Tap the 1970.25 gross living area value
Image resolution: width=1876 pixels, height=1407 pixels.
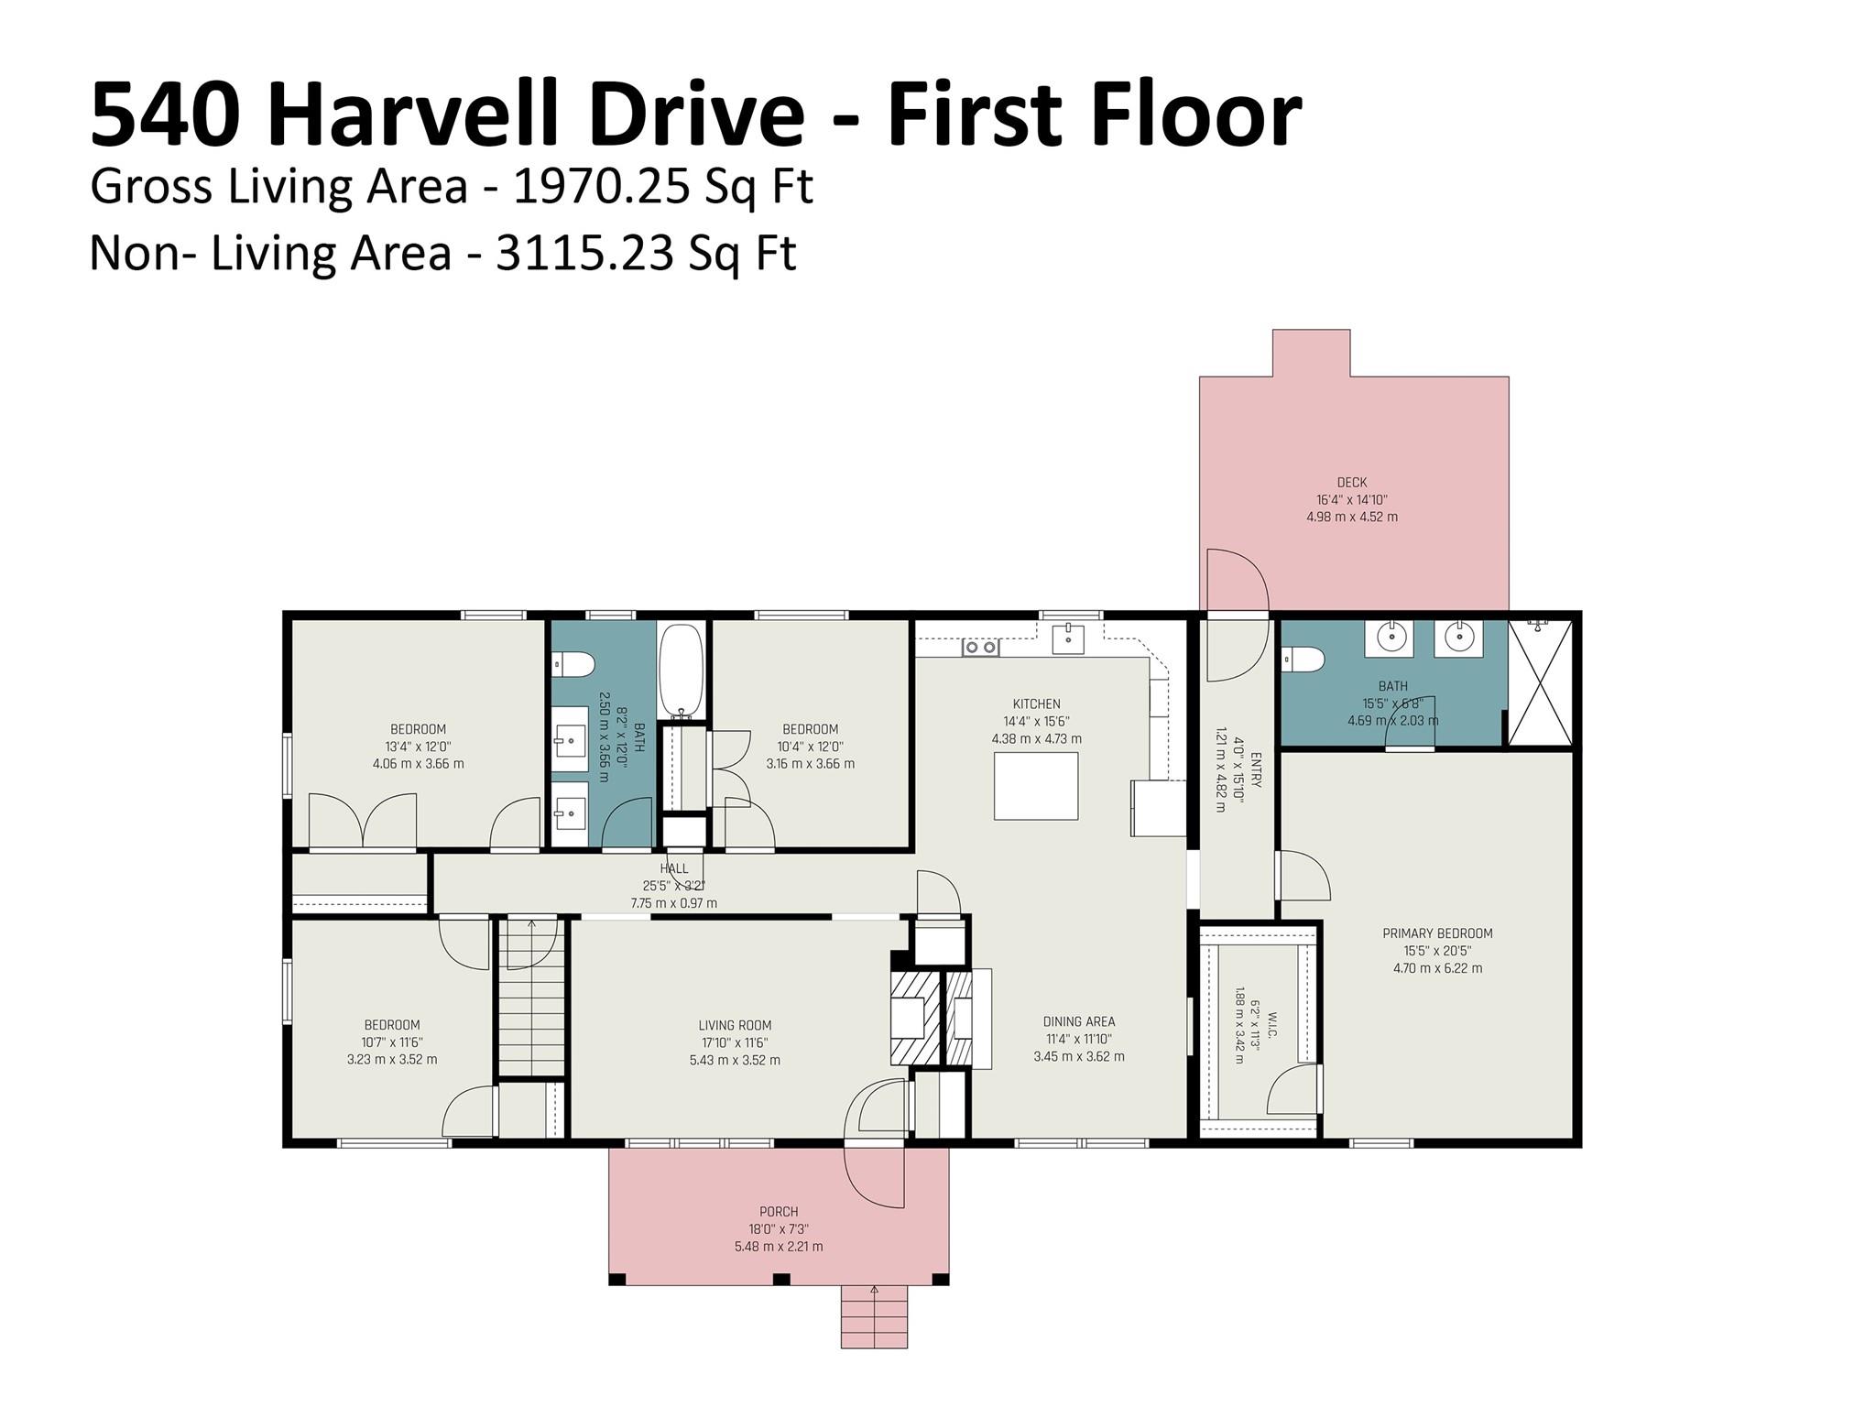601,187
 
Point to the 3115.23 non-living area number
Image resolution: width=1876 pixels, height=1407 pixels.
584,254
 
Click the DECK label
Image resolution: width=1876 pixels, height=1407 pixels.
1352,483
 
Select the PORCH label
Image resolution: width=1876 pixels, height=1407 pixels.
779,1212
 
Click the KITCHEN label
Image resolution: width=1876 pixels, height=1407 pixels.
1036,704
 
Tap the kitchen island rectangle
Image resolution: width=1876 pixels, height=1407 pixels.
1036,786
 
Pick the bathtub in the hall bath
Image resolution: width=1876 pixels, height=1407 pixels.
682,671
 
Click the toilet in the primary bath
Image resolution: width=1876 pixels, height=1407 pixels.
1303,659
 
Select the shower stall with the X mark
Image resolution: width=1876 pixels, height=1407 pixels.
1540,682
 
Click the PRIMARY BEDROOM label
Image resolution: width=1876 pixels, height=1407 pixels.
1437,933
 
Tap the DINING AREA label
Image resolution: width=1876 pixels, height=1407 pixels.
1079,1021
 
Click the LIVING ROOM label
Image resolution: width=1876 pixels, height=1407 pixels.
735,1026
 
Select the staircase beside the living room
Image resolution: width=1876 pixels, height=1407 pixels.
531,998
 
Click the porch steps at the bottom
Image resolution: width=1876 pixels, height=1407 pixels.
874,1316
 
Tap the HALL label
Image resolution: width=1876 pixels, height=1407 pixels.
674,868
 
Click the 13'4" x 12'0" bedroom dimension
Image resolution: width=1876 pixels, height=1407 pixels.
419,747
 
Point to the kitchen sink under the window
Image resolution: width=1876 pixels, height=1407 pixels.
1068,638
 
